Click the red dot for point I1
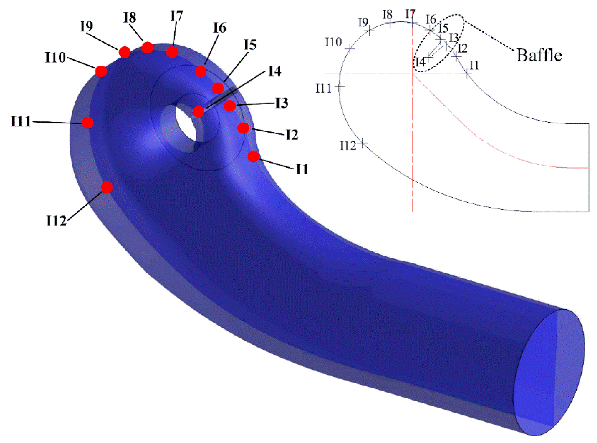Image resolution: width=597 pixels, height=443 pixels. click(253, 156)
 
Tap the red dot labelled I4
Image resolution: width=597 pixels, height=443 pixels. click(198, 112)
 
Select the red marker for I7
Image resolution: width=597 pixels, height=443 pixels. click(172, 52)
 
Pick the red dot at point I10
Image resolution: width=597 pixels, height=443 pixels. click(101, 71)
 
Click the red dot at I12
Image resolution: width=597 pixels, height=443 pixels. click(107, 187)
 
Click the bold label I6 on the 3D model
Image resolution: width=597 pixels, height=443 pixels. click(219, 28)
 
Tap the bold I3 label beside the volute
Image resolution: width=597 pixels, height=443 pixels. click(282, 103)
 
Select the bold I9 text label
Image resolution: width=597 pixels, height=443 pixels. click(86, 26)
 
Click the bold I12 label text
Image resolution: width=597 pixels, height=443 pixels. click(56, 221)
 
